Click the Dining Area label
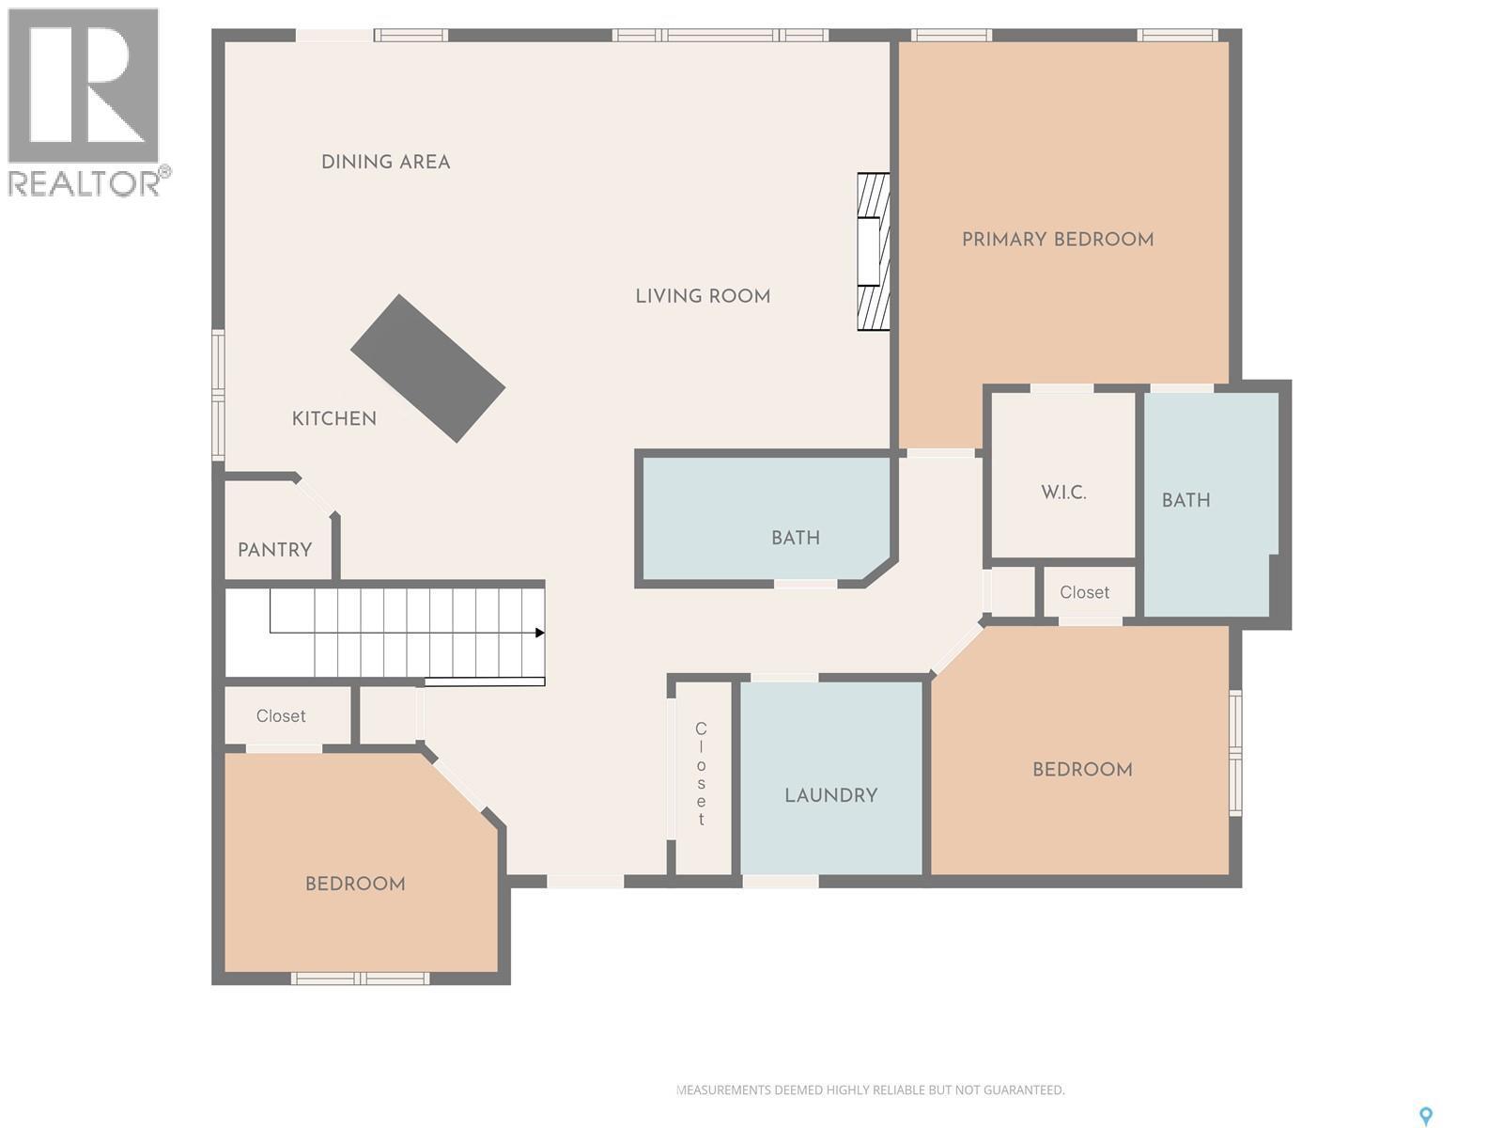(385, 162)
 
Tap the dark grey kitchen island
(428, 368)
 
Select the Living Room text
(703, 296)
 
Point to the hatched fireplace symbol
(873, 252)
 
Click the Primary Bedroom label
(1058, 240)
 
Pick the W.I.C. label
(1063, 493)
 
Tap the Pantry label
(274, 550)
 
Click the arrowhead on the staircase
(539, 633)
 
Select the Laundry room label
(831, 795)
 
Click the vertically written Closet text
(701, 775)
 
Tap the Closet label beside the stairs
(281, 716)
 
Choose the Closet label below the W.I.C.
(1084, 592)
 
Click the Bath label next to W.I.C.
(1185, 500)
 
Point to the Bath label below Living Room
(796, 538)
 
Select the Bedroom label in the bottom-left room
(355, 884)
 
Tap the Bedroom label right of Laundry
(1082, 769)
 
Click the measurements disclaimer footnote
(871, 1090)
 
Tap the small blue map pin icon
(1426, 1116)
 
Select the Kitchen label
(333, 418)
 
